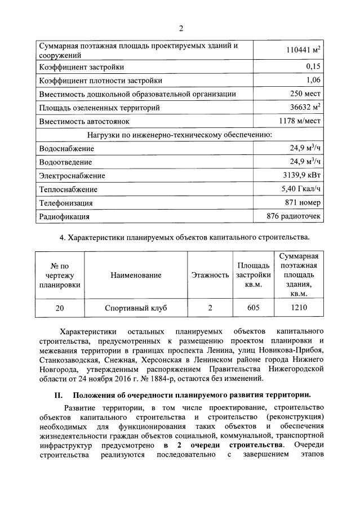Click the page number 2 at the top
click(x=181, y=29)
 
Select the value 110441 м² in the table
click(x=304, y=51)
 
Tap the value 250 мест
click(x=306, y=94)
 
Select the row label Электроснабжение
click(x=72, y=175)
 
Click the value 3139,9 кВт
click(x=302, y=175)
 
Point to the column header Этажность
click(x=210, y=275)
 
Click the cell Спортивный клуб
click(x=136, y=308)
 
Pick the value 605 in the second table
click(x=253, y=308)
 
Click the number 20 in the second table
click(x=60, y=308)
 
